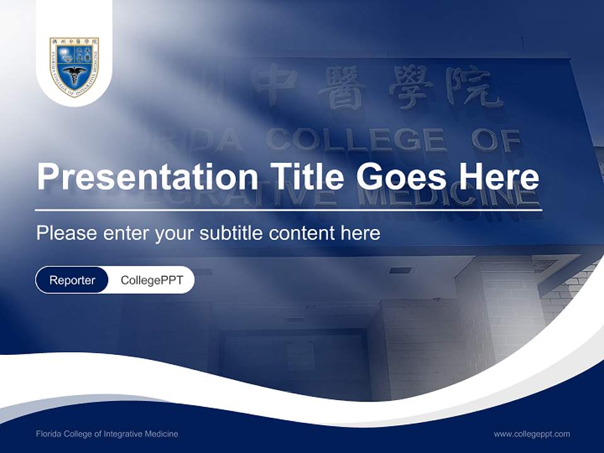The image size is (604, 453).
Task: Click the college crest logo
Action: (74, 66)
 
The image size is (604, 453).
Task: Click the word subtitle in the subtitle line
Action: (233, 233)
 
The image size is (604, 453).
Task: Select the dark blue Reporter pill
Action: (72, 281)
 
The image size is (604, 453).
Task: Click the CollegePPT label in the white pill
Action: (152, 281)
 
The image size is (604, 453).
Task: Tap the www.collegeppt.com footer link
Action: (532, 433)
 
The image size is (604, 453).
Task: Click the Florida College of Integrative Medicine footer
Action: (107, 433)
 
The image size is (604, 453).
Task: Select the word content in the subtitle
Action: (303, 233)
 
